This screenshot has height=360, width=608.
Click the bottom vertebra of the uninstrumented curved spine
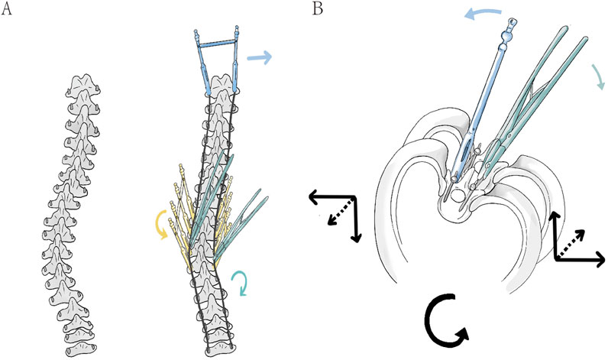(x=81, y=347)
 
